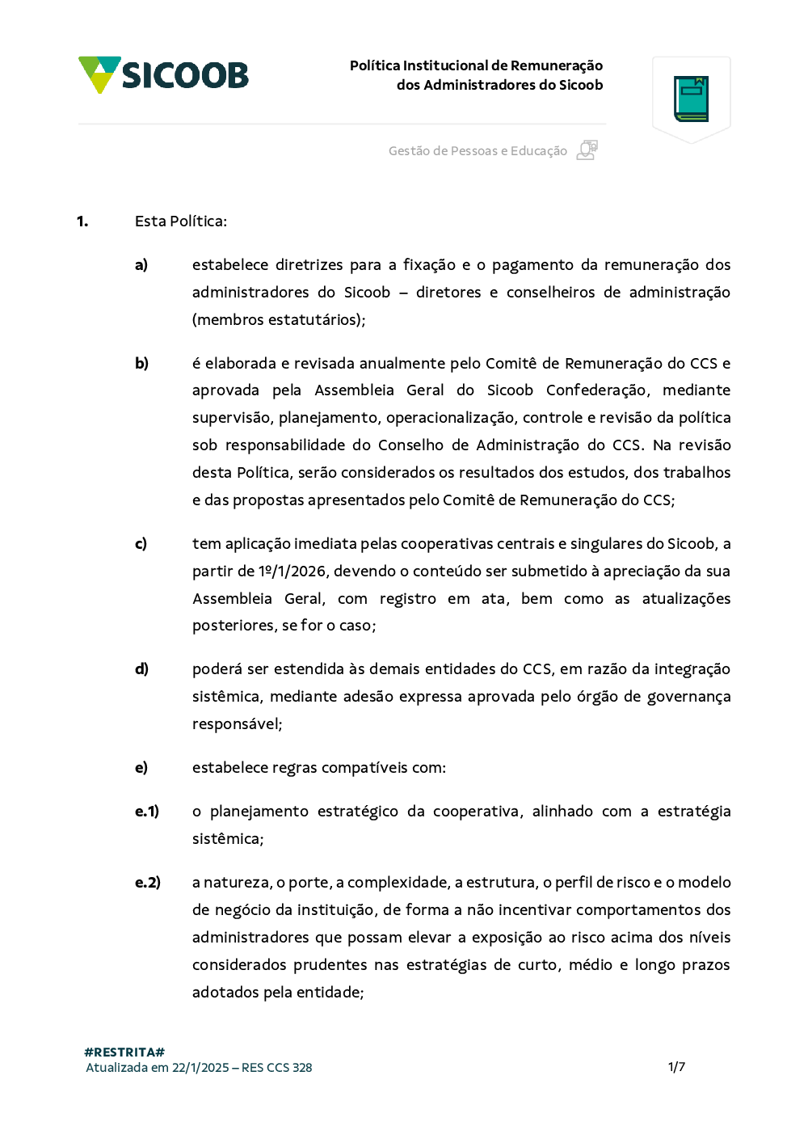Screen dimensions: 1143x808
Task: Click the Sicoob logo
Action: point(163,75)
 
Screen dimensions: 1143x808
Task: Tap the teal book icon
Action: point(691,99)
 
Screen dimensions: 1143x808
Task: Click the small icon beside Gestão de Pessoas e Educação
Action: point(587,150)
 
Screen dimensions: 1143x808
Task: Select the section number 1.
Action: point(82,221)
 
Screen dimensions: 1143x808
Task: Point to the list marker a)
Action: point(141,265)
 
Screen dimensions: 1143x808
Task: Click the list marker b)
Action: point(141,364)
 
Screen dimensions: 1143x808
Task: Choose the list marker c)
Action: point(141,544)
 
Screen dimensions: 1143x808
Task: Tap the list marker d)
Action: point(141,669)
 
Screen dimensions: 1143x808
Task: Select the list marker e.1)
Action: point(147,812)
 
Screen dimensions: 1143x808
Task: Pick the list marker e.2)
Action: point(148,883)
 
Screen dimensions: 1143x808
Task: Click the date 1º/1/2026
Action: point(292,571)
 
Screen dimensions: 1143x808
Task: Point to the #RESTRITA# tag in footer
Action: point(124,1052)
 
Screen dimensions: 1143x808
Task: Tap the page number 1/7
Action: point(676,1067)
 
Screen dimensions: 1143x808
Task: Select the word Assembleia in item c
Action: point(232,599)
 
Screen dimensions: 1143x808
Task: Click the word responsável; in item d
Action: point(237,724)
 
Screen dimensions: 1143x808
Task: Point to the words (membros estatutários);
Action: point(279,320)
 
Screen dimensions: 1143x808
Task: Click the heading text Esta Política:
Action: point(181,221)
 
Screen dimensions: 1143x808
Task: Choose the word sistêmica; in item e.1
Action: point(228,839)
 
